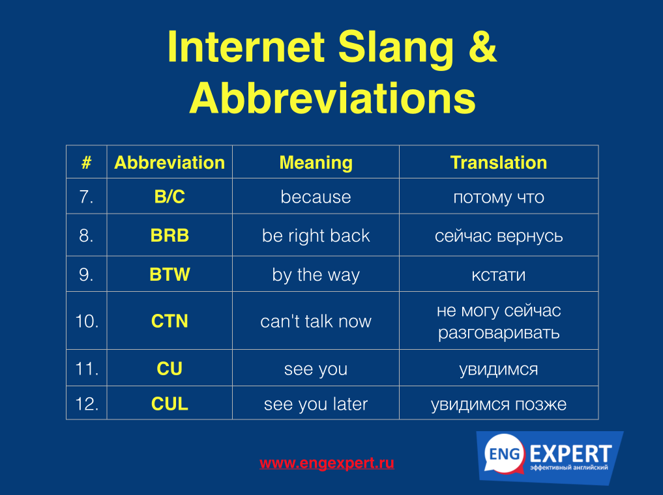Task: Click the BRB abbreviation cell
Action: point(169,235)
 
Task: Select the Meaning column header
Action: point(316,163)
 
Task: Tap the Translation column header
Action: point(499,163)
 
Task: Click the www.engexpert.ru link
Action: point(327,463)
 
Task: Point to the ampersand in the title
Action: point(482,46)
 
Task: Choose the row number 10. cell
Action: point(87,321)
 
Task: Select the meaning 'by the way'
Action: point(316,275)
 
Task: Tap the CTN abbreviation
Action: point(169,321)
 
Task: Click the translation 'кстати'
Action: point(499,276)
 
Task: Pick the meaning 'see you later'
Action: point(316,404)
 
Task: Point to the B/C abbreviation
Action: point(169,197)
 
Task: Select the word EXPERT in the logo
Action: point(570,454)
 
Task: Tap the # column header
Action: point(86,163)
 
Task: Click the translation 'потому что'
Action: point(499,197)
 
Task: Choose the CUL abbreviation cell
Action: point(169,404)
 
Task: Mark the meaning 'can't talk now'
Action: point(316,321)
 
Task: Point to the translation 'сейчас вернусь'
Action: point(499,236)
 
